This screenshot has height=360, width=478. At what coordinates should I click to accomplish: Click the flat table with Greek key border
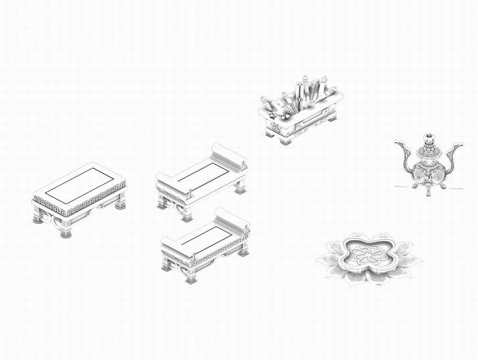click(79, 198)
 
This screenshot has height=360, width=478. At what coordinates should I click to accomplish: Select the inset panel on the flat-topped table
click(79, 185)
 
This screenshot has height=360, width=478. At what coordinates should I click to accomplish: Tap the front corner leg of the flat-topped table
click(66, 231)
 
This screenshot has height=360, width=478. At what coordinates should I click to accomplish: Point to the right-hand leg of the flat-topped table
click(120, 202)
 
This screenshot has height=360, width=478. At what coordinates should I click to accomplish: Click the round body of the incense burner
click(428, 172)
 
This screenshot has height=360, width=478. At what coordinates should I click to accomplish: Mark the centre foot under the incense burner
click(428, 192)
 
